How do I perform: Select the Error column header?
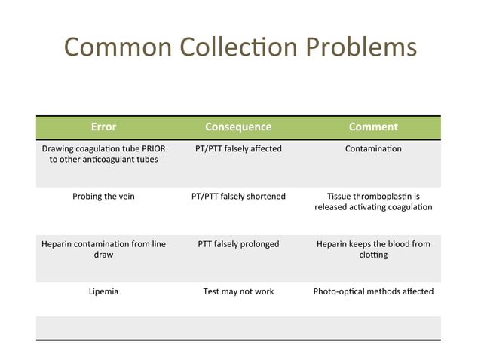click(x=103, y=127)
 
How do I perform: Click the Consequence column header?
click(x=238, y=127)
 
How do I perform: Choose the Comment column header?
click(x=373, y=127)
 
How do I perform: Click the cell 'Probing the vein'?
click(x=103, y=197)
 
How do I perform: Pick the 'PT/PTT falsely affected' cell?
click(x=238, y=148)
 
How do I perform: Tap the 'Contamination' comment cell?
click(x=373, y=148)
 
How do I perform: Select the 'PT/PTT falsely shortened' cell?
click(x=238, y=197)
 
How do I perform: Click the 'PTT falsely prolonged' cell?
click(x=238, y=244)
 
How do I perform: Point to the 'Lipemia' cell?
click(x=103, y=291)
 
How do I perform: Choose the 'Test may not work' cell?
click(x=238, y=291)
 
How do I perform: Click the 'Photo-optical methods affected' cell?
click(x=373, y=291)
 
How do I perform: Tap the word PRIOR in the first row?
click(x=151, y=148)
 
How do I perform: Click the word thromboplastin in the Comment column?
click(x=386, y=197)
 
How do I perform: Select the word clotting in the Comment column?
click(x=373, y=255)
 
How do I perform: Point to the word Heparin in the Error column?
click(x=57, y=244)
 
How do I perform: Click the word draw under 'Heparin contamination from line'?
click(x=103, y=255)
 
